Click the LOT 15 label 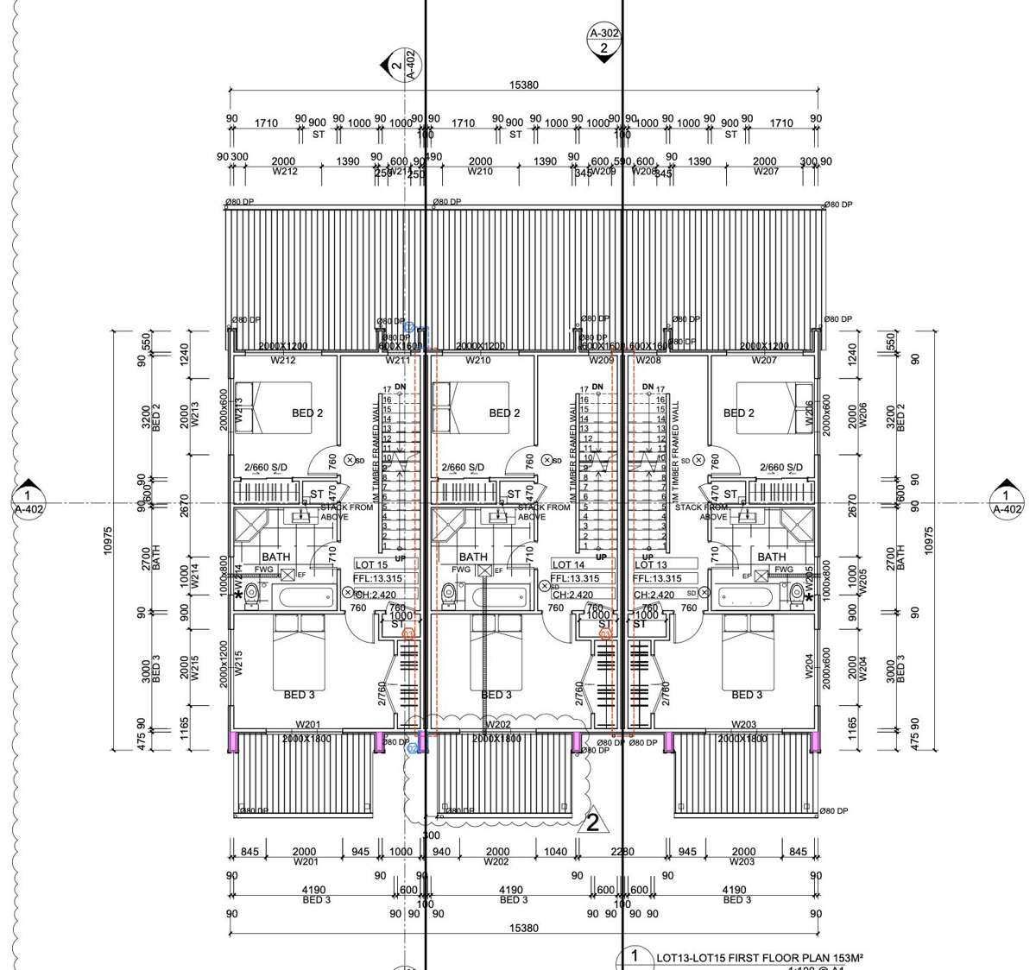point(372,564)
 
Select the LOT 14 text point(569,564)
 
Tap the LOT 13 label point(651,564)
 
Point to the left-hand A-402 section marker point(28,501)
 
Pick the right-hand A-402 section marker point(1005,501)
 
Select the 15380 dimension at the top point(525,85)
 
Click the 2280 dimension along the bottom point(622,852)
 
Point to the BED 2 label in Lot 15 point(307,413)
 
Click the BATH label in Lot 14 point(473,557)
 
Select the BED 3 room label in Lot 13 point(747,695)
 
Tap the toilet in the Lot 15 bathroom point(252,593)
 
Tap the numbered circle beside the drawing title point(635,957)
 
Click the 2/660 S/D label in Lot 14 point(463,468)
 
